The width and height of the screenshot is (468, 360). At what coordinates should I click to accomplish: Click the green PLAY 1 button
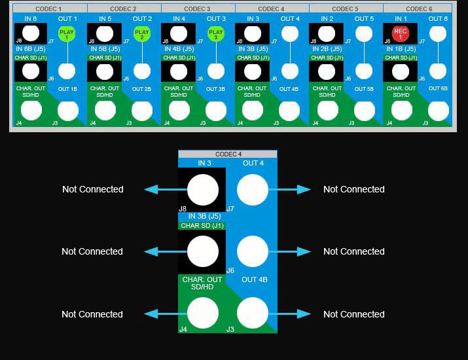coord(66,34)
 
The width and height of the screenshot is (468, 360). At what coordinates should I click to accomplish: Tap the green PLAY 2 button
coord(141,34)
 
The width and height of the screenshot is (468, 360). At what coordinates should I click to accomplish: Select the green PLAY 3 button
coord(215,34)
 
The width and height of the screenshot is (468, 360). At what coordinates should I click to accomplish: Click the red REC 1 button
coord(401,34)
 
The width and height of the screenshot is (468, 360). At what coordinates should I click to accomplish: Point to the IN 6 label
coord(31,19)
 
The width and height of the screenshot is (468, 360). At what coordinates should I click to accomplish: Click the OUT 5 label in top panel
coord(364,19)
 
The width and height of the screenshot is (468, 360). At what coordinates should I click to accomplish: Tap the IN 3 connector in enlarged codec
coord(203,190)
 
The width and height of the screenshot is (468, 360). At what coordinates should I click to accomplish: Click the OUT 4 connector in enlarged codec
coord(252,190)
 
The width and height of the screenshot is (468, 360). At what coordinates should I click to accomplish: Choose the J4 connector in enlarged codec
coord(203,314)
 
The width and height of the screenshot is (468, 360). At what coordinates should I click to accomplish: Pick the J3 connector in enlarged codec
coord(252,314)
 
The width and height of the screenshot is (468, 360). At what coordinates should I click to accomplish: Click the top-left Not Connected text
coord(93,189)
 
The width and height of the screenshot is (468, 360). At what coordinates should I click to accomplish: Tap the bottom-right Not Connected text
coord(353,314)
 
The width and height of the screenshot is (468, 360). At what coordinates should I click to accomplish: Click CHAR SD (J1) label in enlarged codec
coord(202,226)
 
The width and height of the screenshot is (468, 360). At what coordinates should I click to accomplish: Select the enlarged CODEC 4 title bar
coord(228,154)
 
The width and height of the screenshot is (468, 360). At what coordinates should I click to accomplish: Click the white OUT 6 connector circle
coord(438,34)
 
